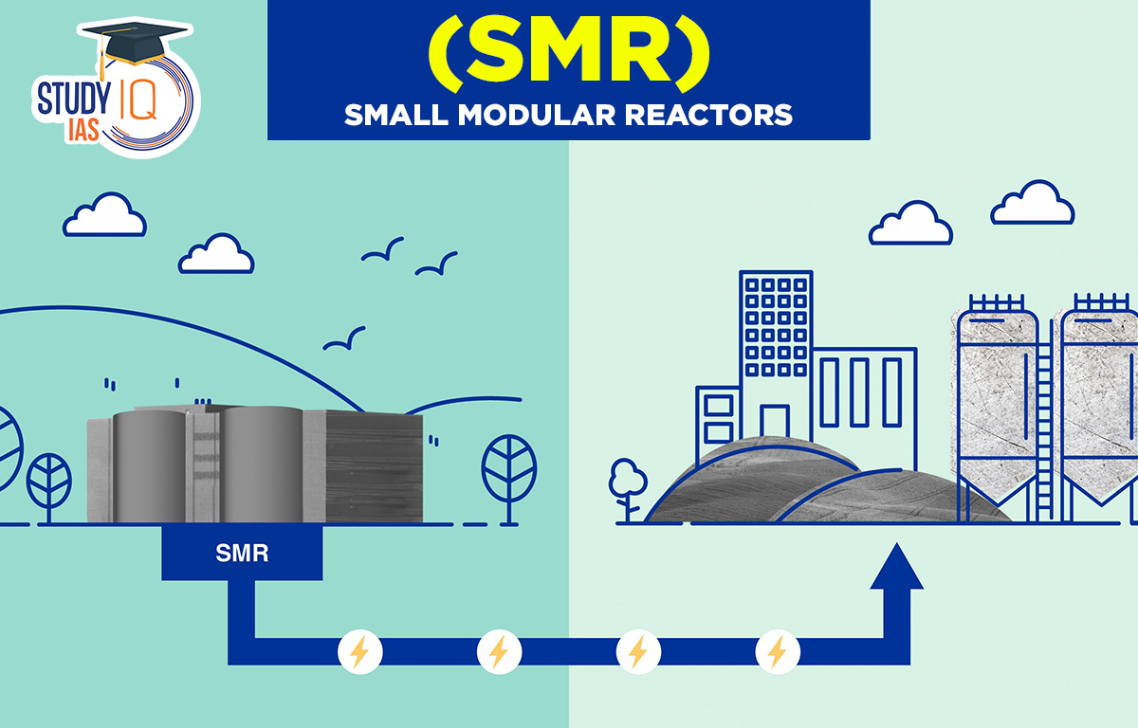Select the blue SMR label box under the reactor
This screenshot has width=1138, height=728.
click(x=242, y=554)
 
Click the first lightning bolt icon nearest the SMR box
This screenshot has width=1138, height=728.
click(x=360, y=652)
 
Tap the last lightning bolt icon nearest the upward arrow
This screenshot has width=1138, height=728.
click(x=778, y=652)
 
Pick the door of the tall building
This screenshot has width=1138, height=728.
click(x=775, y=423)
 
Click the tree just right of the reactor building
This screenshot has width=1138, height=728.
click(x=508, y=472)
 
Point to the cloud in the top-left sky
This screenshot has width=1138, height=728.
click(x=105, y=216)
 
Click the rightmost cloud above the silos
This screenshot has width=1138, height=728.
click(x=1032, y=204)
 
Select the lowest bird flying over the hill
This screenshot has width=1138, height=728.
click(x=344, y=338)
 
